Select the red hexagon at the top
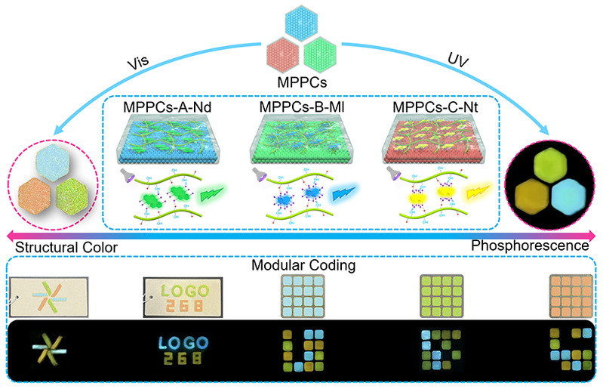tap(283, 53)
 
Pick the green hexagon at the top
tap(321, 53)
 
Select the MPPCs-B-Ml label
tap(301, 107)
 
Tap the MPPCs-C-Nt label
tap(435, 107)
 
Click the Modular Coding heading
tap(302, 266)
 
